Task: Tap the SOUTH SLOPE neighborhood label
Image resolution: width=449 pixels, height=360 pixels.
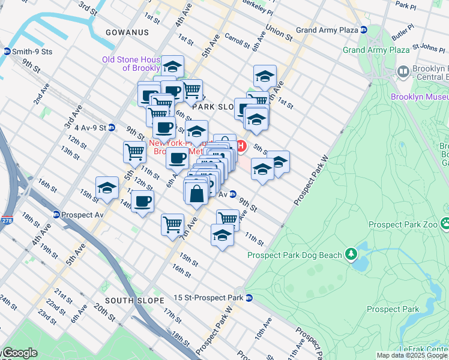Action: coord(134,300)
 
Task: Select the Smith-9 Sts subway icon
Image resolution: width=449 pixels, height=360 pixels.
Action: coord(7,52)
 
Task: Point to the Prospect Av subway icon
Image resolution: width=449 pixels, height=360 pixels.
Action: coord(56,215)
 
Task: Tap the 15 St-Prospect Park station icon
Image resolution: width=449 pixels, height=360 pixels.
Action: coord(249,298)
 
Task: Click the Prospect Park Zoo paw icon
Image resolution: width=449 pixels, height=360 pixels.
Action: coord(445,224)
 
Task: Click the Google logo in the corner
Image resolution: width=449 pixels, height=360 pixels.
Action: coord(19,353)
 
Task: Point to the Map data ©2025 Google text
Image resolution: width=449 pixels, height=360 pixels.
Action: coord(412,355)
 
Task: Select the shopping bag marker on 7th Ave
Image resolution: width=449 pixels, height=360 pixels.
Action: coord(196,193)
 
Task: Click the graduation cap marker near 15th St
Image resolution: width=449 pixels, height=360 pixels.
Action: coord(107,188)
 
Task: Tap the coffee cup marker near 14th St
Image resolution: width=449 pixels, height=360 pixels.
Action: coord(142,202)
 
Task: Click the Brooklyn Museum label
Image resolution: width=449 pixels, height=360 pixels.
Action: coord(419,96)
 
